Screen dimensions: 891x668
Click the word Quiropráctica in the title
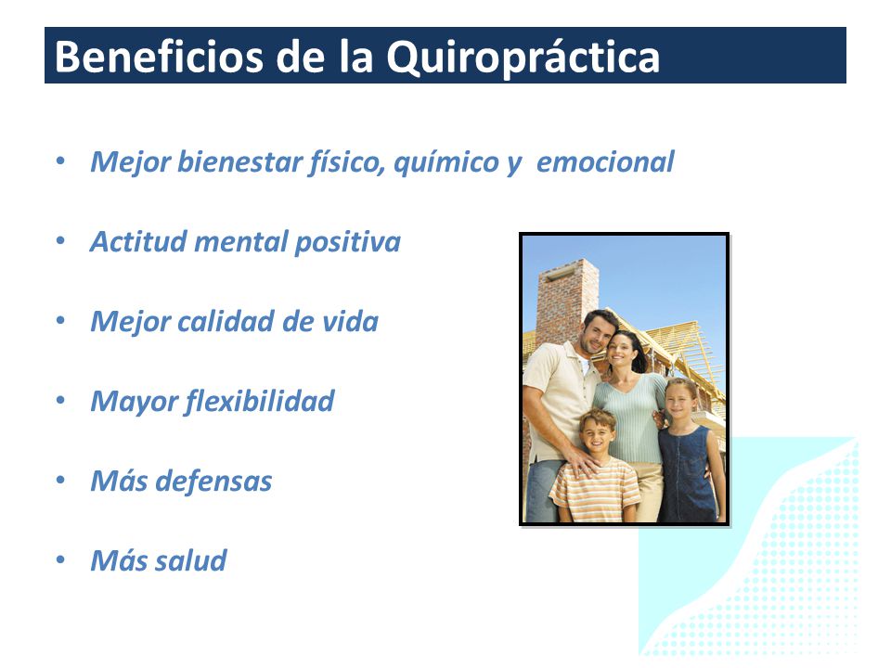pos(523,58)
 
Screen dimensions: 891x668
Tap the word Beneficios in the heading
pos(159,57)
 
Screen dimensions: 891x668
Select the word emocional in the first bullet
pos(605,161)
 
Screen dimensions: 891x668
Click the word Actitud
pos(138,241)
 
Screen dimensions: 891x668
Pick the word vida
pos(351,322)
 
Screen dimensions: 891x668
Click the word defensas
pos(213,482)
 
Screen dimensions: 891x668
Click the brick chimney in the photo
pos(566,301)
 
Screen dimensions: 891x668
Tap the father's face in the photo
pos(596,335)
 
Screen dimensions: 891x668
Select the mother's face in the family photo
pos(622,351)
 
